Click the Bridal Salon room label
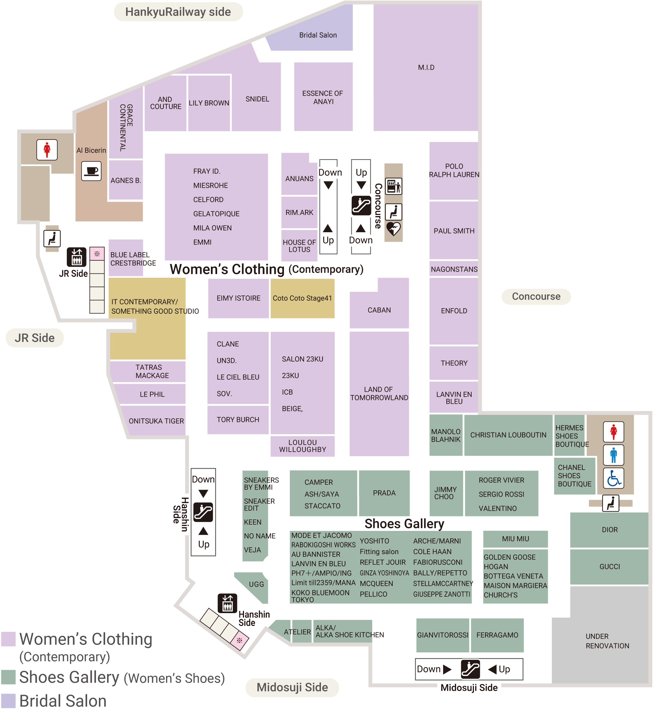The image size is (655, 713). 318,35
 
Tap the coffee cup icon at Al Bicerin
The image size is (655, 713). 91,171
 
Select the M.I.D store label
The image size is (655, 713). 426,67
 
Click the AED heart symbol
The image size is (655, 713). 393,229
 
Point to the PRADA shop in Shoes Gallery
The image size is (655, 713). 384,493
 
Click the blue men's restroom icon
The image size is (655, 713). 613,455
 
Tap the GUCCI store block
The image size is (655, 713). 609,567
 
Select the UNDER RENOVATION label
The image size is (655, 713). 607,641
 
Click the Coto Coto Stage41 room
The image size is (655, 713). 302,298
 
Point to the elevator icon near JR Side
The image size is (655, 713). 77,257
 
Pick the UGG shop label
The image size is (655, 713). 256,584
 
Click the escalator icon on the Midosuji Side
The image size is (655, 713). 470,669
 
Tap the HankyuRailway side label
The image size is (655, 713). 178,12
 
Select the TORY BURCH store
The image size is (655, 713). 238,420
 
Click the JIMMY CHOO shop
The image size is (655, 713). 445,493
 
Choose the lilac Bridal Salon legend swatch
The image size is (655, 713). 9,701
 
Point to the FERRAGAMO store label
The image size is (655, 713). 497,635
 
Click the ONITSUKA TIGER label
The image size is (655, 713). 156,421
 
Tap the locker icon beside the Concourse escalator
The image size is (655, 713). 393,186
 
